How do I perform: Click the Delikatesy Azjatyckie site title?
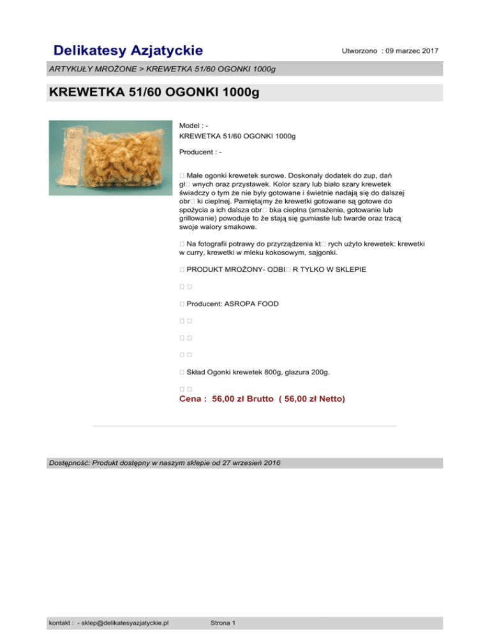[x=128, y=50]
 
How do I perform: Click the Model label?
[x=190, y=126]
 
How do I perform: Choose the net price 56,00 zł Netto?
[x=312, y=399]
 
